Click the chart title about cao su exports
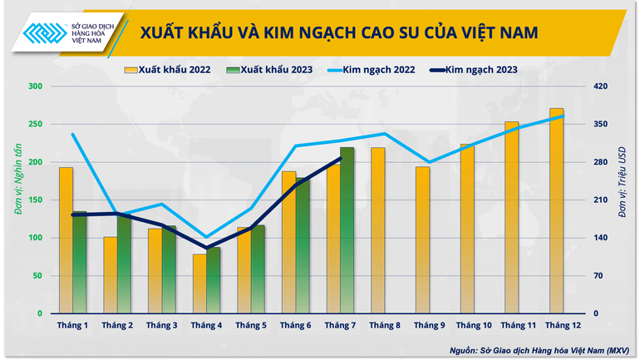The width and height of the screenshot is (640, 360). point(338,32)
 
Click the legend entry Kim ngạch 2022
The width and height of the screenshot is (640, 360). point(378,70)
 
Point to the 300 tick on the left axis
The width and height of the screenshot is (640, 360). point(36,86)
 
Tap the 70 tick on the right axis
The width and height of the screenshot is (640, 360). point(598,276)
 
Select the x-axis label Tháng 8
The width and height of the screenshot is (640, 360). point(385,325)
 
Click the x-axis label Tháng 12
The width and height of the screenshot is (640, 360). point(564,325)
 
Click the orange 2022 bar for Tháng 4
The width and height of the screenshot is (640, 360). point(199,284)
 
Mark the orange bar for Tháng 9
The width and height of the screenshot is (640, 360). point(422,240)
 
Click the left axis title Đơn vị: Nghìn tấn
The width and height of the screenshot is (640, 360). point(15,200)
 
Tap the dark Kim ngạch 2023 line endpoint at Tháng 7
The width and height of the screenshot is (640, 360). point(340,159)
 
